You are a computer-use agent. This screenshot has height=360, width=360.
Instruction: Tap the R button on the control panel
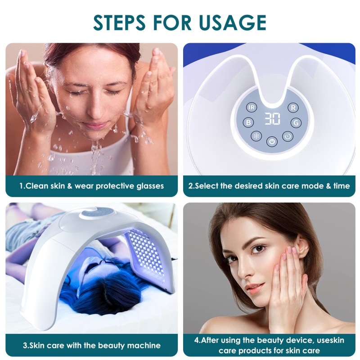[x=293, y=108]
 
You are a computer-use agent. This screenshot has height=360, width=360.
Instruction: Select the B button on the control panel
[x=248, y=122]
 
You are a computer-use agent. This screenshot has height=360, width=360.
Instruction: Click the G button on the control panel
[x=296, y=122]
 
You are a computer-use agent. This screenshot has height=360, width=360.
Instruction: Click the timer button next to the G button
[x=287, y=135]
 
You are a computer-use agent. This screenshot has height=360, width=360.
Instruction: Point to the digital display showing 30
[x=272, y=119]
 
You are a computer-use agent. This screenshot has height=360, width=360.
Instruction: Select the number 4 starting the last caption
[x=197, y=340]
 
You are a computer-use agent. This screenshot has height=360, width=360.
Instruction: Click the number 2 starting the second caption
[x=191, y=186]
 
